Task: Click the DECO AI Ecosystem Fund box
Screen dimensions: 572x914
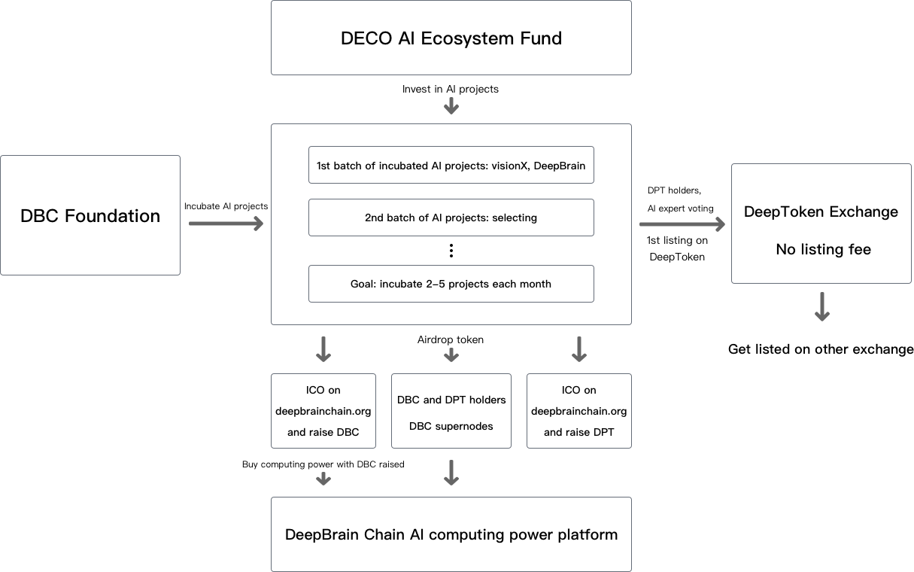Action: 451,38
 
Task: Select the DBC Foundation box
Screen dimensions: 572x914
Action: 90,215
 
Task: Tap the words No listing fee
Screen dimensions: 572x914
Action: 823,249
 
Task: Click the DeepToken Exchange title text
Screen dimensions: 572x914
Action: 821,211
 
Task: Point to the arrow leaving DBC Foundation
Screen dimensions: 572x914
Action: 226,224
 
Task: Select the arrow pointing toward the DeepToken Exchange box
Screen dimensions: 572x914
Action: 682,224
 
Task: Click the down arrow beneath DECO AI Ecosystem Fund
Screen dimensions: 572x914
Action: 451,105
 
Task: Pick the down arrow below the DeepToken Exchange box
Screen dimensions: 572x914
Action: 821,306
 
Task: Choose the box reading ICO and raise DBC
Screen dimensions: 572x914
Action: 323,411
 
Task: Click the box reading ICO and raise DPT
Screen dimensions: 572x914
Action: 578,411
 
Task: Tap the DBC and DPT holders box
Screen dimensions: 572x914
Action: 451,411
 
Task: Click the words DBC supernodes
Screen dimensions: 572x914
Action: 451,426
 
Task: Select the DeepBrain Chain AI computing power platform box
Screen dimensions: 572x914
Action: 451,534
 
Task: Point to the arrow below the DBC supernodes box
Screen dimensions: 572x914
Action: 451,472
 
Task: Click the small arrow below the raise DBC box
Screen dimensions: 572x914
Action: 323,478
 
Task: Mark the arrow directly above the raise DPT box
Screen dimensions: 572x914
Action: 578,348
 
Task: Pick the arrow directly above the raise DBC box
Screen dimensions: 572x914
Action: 323,348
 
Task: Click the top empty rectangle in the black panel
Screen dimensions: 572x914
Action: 451,165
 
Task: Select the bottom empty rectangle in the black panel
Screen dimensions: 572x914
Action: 451,284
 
